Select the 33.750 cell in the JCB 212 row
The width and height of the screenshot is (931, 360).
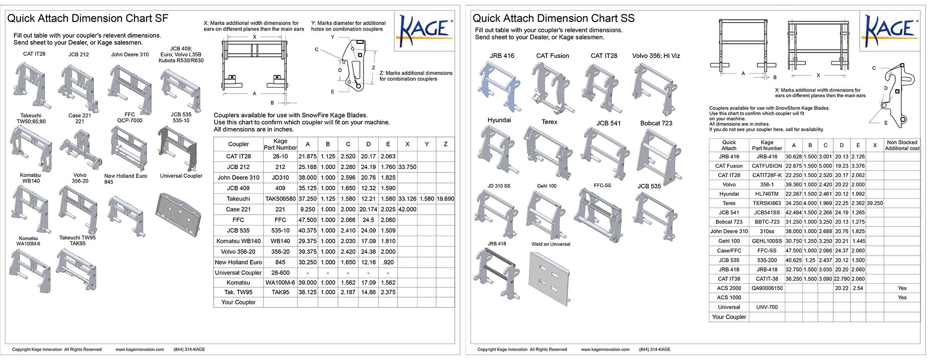pos(407,167)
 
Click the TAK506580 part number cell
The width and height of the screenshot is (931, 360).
pos(280,199)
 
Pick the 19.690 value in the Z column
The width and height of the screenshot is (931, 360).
pos(445,199)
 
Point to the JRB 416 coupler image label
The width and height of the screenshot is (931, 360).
pos(502,56)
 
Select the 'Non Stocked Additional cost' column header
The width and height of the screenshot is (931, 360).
pos(902,145)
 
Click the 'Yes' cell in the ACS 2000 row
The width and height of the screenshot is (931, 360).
pos(902,288)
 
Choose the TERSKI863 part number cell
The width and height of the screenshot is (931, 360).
pos(767,203)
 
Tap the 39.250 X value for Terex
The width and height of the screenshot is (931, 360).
pos(875,203)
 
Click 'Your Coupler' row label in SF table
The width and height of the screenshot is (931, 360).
pos(238,302)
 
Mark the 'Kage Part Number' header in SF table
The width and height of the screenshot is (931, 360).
pos(280,144)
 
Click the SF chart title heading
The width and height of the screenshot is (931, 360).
pos(88,19)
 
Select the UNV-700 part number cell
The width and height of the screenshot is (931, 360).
pos(767,307)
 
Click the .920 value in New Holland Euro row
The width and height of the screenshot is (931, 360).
pos(388,262)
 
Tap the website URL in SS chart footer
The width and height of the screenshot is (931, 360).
pos(605,349)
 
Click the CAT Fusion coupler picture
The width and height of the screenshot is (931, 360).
pos(552,88)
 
